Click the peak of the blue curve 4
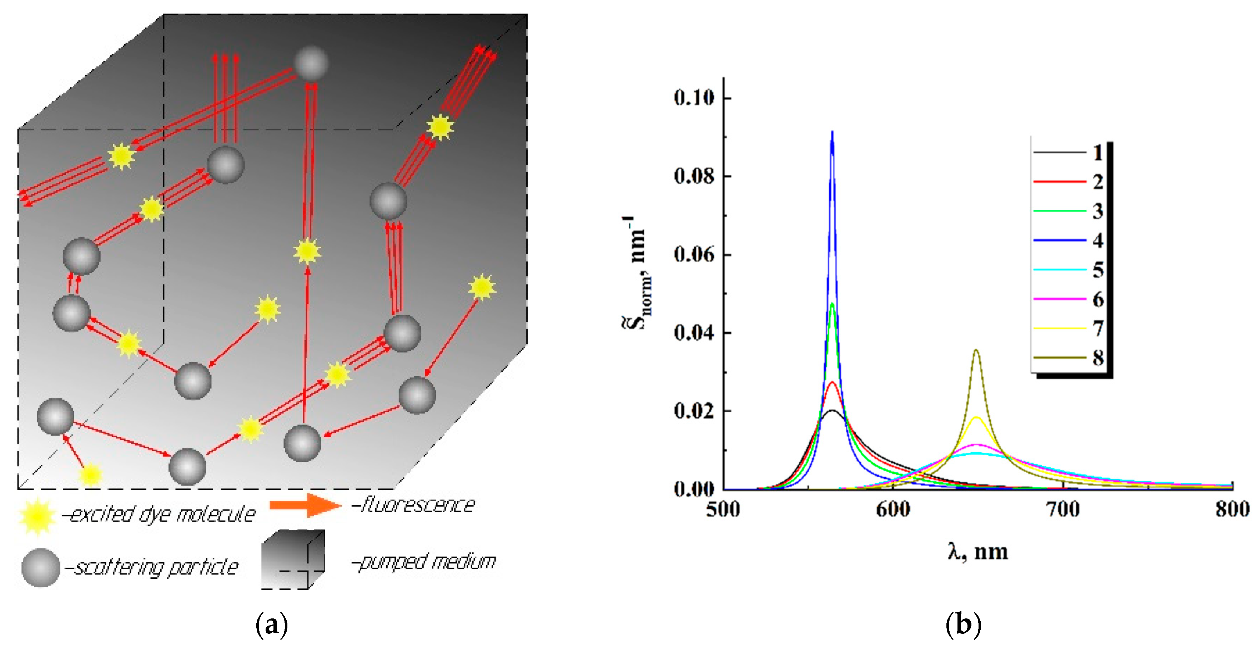pos(832,132)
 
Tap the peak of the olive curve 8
pos(976,350)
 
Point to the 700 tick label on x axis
pos(1063,509)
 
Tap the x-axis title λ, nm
pos(977,552)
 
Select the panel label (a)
pos(272,624)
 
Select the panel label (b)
pos(963,624)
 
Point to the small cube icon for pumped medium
pos(292,559)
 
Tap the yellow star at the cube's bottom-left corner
pos(91,475)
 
